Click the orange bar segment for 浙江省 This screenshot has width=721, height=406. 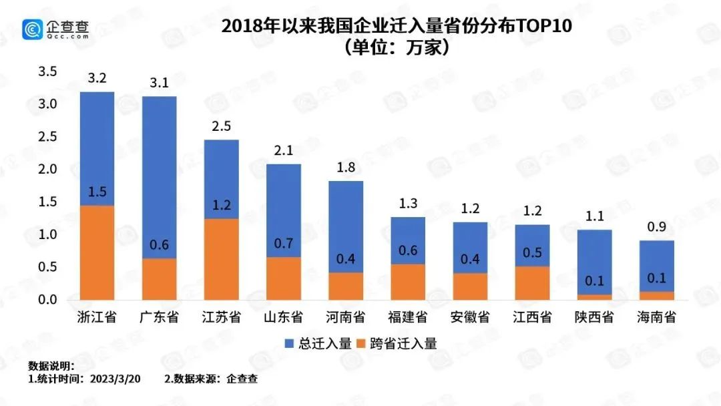point(97,254)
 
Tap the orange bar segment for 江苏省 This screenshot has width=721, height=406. point(221,260)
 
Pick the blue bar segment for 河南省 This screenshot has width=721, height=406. point(346,227)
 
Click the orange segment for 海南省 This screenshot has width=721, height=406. point(656,296)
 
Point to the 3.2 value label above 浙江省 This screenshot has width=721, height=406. point(97,79)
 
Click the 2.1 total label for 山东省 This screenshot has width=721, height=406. point(284,151)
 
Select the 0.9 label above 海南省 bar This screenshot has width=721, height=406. point(656,228)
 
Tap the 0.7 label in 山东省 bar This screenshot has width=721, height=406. point(284,244)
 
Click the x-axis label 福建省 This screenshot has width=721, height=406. point(408,317)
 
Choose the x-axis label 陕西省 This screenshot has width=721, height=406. point(594,317)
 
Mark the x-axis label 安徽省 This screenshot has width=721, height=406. point(470,317)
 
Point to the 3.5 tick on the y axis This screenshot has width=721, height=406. point(49,71)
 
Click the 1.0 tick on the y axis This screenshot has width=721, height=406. point(49,234)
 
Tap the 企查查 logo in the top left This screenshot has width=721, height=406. point(56,29)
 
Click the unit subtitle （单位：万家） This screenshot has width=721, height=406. point(393,48)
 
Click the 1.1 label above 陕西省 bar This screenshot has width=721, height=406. point(594,216)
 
